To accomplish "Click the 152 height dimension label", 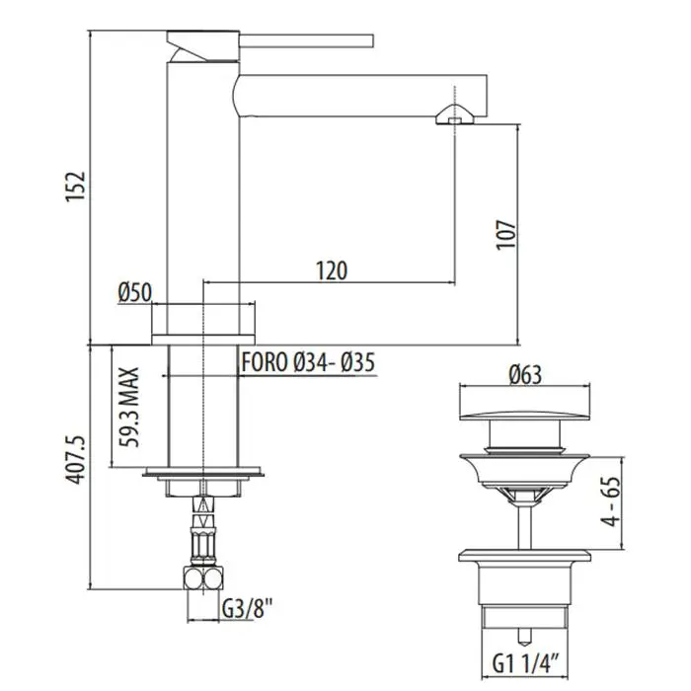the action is coord(75,187).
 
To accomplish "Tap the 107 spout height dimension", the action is coord(505,235).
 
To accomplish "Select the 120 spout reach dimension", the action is coord(332,270).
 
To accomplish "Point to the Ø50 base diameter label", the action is coord(135,292).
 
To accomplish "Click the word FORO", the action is coord(265,362).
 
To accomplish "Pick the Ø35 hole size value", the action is coord(358,362).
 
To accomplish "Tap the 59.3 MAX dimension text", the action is coord(130,407).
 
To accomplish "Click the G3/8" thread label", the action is coord(247,609).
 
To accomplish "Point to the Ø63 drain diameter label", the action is coord(525,375).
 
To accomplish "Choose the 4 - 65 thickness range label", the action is coord(611,501).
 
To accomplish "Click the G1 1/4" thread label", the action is coord(526,663).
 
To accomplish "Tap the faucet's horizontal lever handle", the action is coord(306,40).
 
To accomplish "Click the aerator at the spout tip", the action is coord(455,115).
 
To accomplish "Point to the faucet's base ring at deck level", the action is coord(203,340).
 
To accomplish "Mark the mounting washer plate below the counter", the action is coord(203,472).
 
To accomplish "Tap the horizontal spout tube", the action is coord(360,96).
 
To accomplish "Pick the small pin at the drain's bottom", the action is coord(524,636).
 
